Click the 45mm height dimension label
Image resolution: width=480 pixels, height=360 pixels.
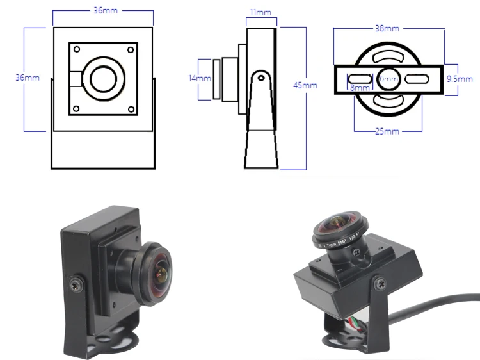tap(305, 85)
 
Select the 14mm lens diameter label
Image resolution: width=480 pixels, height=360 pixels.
tap(200, 78)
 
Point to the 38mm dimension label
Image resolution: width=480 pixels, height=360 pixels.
tap(387, 29)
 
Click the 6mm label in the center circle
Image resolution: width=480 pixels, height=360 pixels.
tap(388, 78)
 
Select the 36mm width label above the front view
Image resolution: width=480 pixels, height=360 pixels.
tap(103, 11)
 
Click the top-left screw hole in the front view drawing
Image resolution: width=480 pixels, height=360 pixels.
tap(76, 50)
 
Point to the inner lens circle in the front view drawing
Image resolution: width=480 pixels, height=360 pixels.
tap(102, 79)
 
